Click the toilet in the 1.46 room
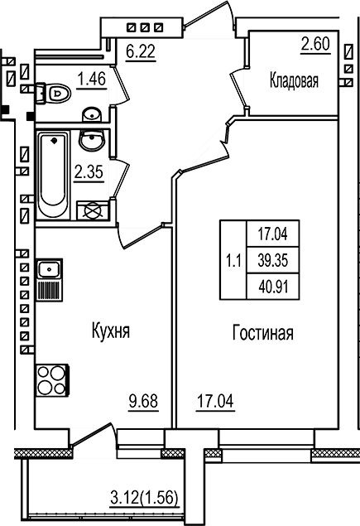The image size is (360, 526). [54, 91]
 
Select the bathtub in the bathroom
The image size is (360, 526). [55, 176]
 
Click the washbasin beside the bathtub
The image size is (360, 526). [91, 142]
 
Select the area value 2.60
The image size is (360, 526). [314, 44]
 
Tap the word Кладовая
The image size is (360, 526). [294, 80]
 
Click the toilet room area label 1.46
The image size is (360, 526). [92, 80]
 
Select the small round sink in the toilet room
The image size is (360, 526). [93, 113]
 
